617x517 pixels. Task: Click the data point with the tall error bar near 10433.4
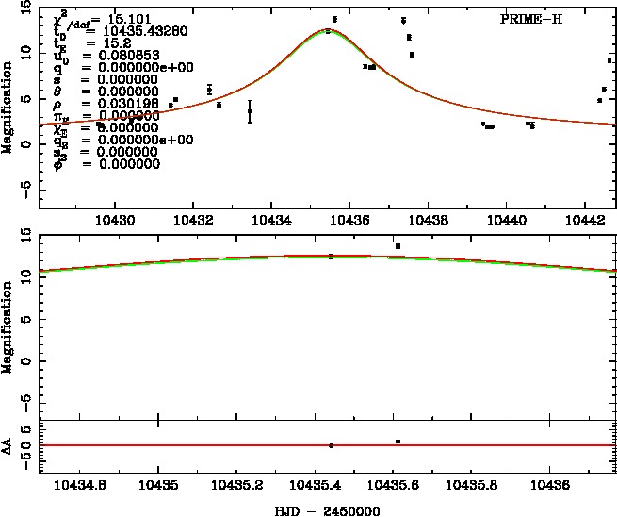pos(250,111)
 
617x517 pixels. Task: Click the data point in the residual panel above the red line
pos(398,441)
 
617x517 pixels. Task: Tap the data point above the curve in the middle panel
pos(398,246)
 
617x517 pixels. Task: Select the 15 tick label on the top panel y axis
pos(25,7)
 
